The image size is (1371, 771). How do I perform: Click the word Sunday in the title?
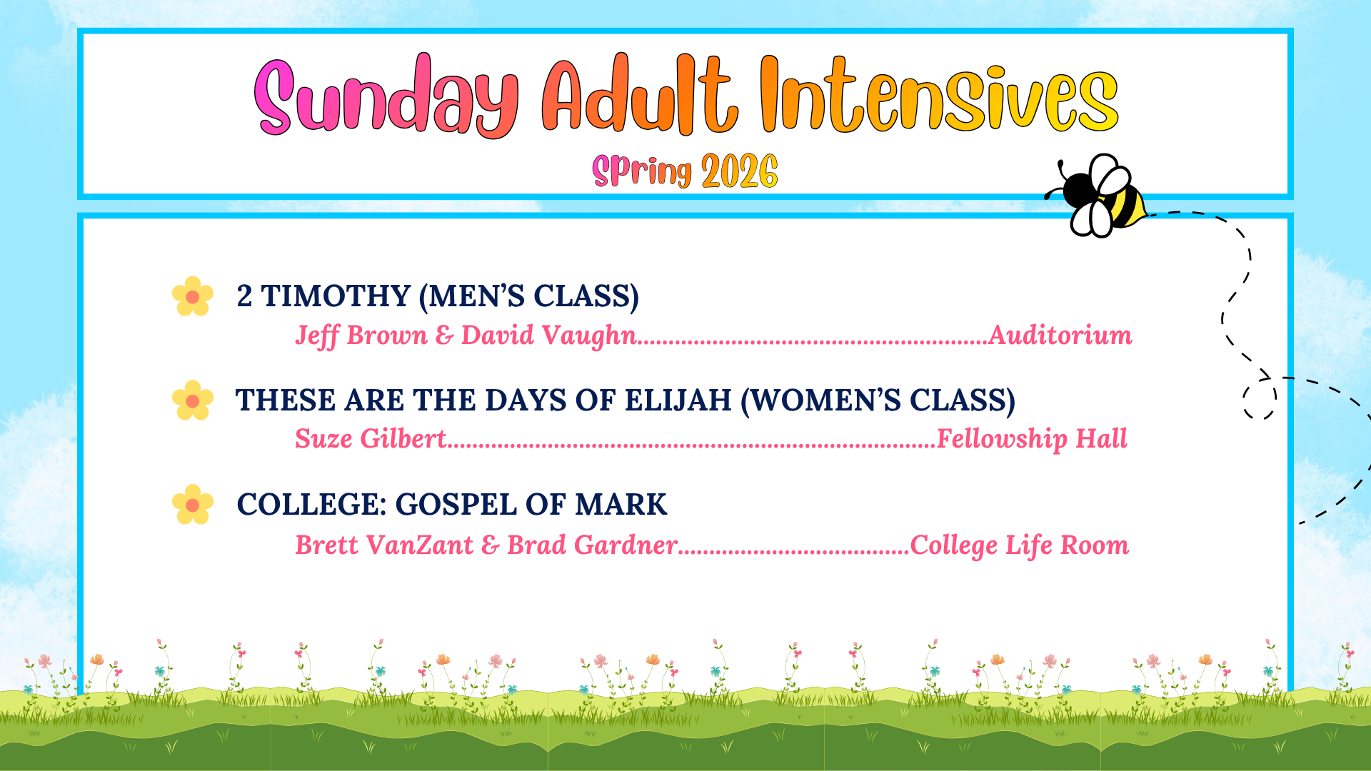coord(386,96)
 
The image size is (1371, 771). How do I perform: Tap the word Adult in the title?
coord(640,94)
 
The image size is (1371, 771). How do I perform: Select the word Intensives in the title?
coord(939,94)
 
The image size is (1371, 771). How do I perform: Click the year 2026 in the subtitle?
coord(739,171)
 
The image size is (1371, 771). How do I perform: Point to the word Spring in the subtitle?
coord(642,171)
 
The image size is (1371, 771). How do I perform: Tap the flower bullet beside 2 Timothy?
coord(193,296)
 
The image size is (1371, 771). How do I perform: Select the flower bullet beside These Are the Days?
coord(193,400)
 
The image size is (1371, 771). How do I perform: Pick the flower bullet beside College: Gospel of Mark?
coord(193,505)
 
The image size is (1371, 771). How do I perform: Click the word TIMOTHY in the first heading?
coord(336,296)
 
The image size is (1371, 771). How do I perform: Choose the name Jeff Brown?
coord(361,336)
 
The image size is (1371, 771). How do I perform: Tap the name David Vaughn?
coord(548,336)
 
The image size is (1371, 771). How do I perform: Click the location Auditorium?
coord(1060,335)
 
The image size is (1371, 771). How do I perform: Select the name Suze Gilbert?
coord(371,438)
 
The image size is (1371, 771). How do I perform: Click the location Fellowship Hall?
coord(1032,439)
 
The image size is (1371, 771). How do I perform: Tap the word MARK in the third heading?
coord(621,505)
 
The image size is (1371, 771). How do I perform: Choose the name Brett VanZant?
coord(384,545)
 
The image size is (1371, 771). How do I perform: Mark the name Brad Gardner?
coord(592,545)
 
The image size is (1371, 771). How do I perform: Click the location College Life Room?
coord(1020,545)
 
